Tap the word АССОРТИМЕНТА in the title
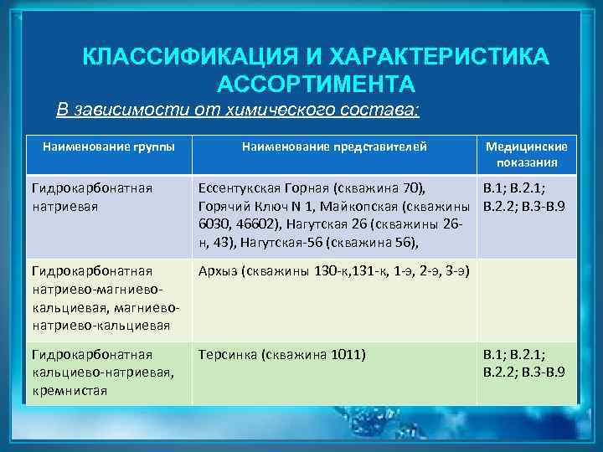(316, 85)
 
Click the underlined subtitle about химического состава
(238, 110)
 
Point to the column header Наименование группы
(109, 146)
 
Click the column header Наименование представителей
(334, 146)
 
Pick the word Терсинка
(227, 354)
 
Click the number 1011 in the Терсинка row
(344, 354)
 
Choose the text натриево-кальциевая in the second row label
(100, 325)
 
